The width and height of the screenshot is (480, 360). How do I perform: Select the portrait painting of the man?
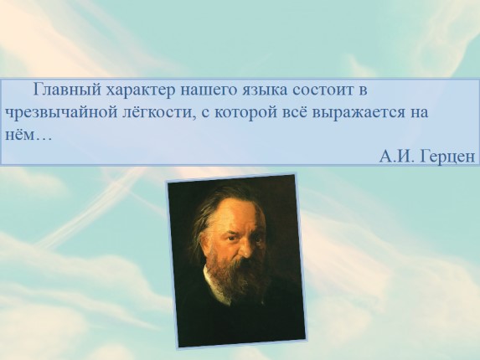click(235, 260)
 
